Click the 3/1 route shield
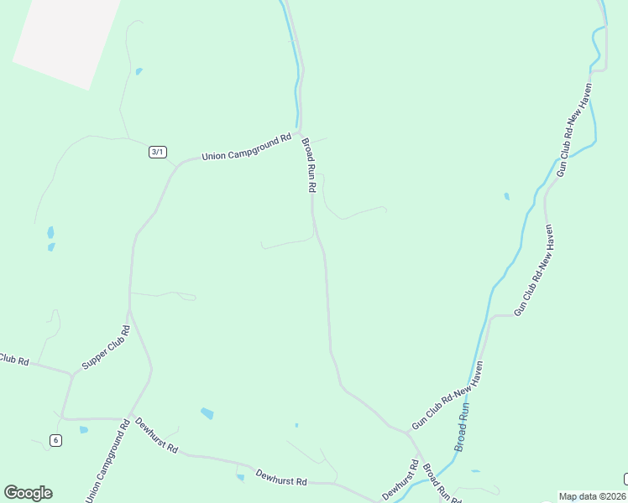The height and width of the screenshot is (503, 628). coord(158,152)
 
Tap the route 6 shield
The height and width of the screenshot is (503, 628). coord(55,440)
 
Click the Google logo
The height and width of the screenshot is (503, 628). coord(28,493)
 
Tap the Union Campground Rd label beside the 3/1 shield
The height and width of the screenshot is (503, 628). coord(246,147)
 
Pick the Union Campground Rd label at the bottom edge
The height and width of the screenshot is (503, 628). coord(107,460)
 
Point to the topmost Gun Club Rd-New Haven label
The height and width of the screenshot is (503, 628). coord(575,127)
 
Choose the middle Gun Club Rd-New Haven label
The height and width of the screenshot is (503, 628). coord(535,269)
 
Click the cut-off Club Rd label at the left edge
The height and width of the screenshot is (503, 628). coord(14,360)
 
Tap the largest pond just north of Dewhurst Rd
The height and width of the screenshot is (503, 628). coord(207,413)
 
